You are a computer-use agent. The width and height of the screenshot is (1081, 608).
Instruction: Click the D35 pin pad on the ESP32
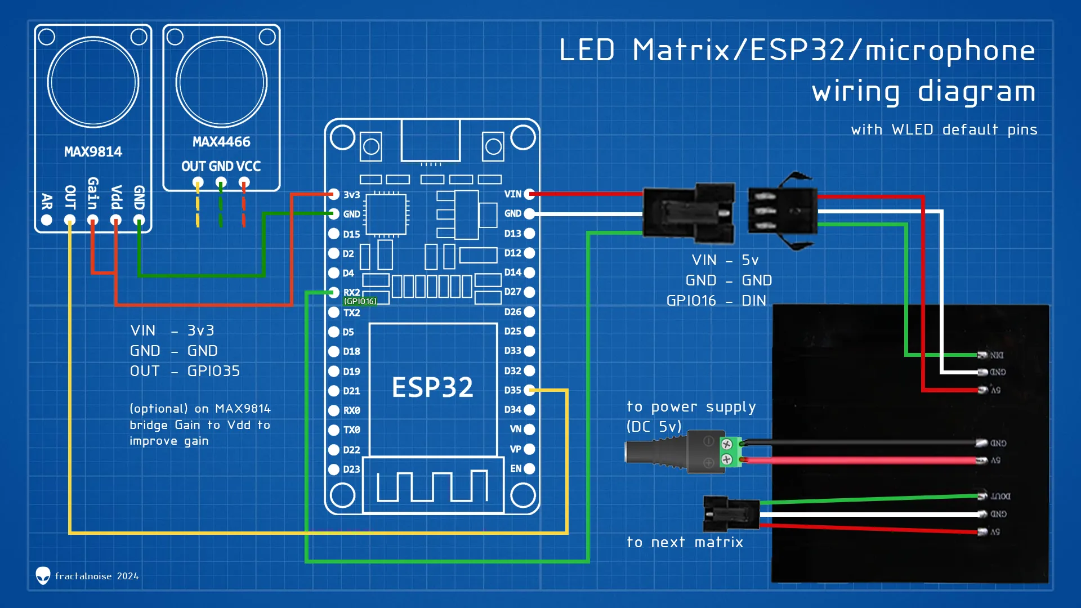529,390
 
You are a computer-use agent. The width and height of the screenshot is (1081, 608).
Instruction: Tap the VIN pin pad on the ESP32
529,194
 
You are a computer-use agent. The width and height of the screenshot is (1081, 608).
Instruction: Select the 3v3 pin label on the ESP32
351,195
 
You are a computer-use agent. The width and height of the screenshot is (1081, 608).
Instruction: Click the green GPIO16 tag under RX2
360,301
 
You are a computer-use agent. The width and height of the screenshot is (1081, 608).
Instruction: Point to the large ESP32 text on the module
432,387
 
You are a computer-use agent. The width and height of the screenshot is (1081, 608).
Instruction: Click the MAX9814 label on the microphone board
93,152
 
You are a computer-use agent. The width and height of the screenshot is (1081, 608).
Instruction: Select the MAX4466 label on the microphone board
221,142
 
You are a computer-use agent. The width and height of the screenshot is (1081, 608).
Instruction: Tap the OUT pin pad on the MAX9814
70,220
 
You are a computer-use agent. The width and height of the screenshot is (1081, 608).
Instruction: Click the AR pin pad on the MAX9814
47,220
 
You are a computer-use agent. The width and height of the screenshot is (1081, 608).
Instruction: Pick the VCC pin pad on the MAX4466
244,182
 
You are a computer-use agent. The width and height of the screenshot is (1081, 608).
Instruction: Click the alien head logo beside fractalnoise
43,575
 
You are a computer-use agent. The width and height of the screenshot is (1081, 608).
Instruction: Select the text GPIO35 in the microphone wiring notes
213,371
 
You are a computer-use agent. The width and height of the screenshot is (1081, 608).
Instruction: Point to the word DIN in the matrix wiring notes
754,301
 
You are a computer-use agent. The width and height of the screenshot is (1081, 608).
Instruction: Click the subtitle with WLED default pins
944,130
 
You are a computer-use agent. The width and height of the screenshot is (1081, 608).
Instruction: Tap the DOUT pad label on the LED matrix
1000,496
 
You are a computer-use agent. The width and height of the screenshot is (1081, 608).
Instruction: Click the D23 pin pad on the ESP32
334,469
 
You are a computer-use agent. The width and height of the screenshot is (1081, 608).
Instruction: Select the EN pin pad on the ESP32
529,468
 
